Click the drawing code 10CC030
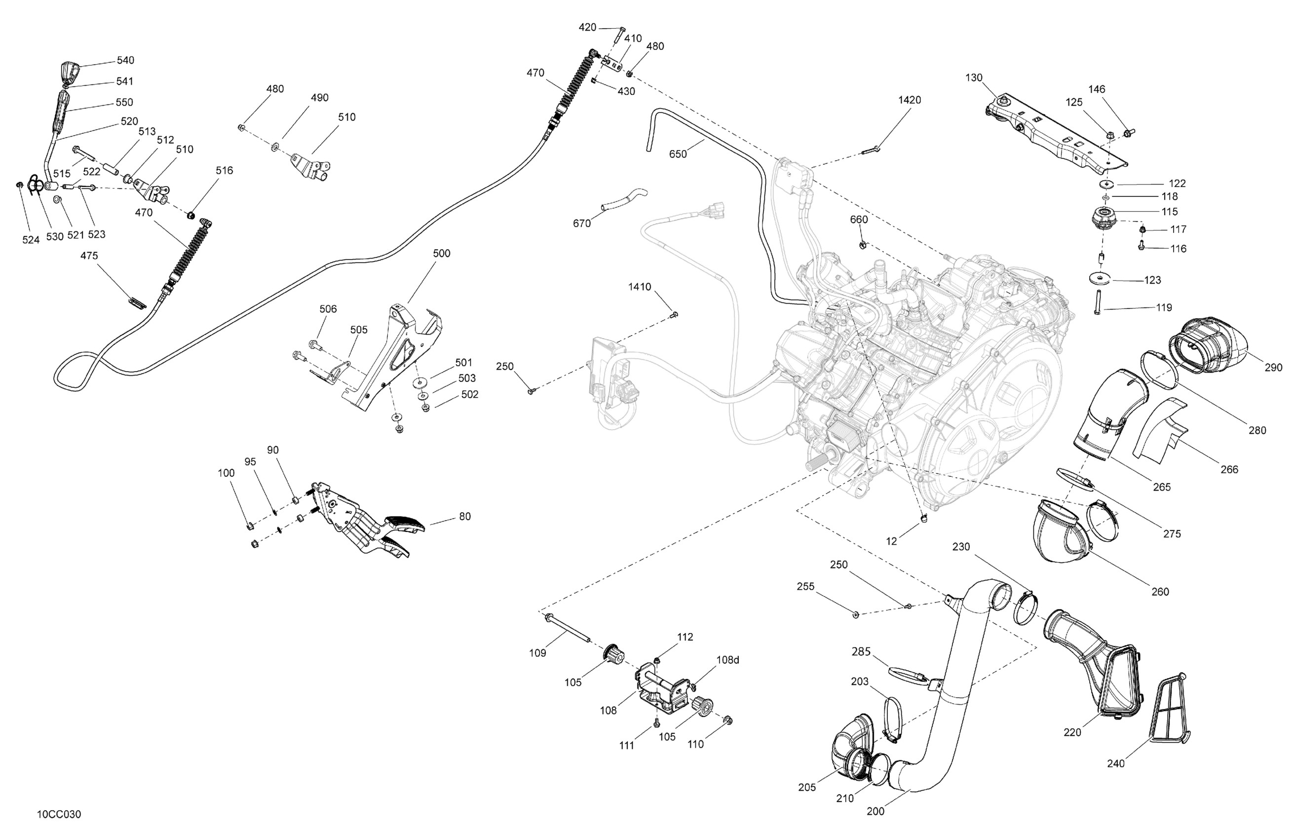click(x=59, y=814)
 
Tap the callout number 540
click(x=125, y=60)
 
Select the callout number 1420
click(x=909, y=100)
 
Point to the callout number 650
click(x=678, y=154)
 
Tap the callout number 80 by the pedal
click(x=464, y=516)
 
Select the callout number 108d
click(x=727, y=659)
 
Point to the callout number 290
click(x=1273, y=367)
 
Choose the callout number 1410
click(x=640, y=287)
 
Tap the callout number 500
click(x=442, y=253)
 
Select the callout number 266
click(x=1229, y=469)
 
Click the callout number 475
click(x=89, y=256)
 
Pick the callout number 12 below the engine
click(x=891, y=540)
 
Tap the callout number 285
click(x=861, y=651)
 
